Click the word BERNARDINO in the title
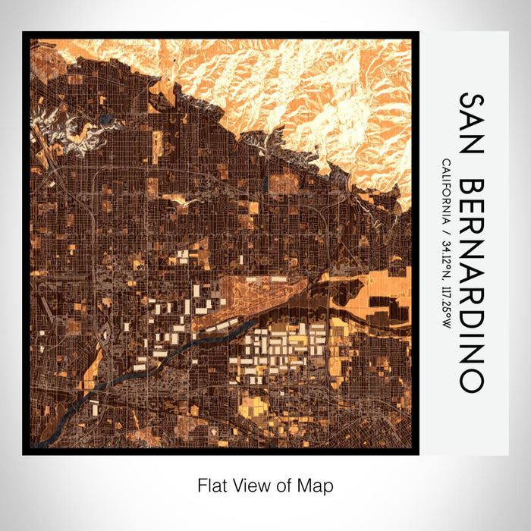coord(470,286)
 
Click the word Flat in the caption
coord(210,484)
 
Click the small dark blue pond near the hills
coord(105,119)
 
